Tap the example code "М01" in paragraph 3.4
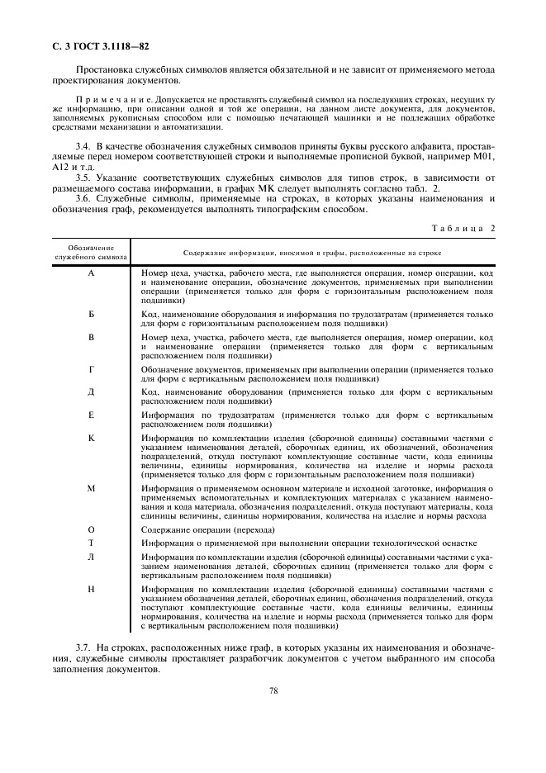(482, 155)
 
